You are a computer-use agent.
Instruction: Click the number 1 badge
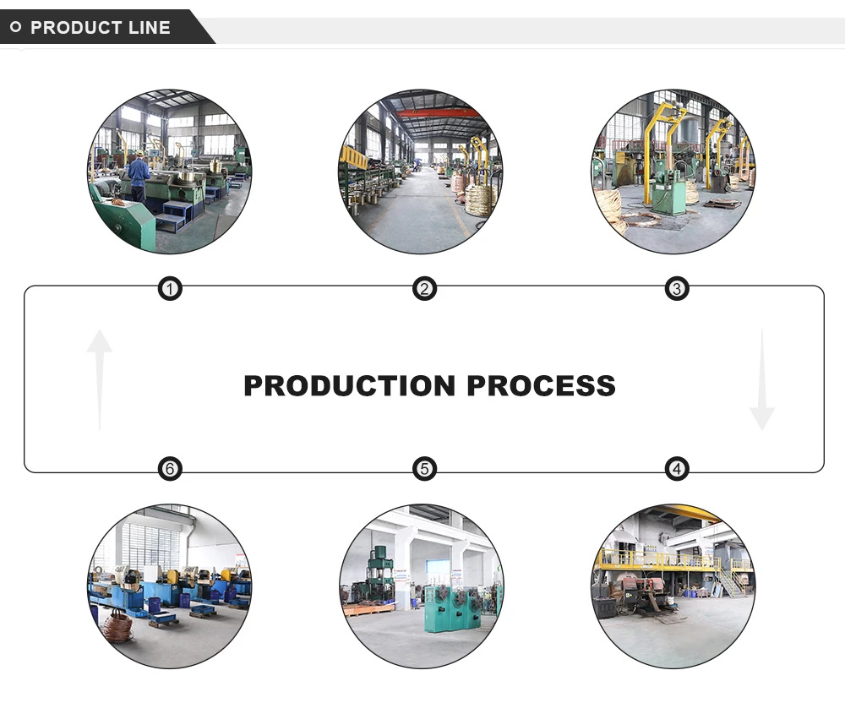[171, 290]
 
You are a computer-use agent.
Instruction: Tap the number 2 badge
[424, 290]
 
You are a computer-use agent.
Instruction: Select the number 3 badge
[676, 290]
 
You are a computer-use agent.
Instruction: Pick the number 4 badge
[676, 469]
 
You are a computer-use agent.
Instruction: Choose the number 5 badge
[424, 469]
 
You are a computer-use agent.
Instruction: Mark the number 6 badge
[171, 469]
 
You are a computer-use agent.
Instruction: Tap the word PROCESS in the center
[541, 385]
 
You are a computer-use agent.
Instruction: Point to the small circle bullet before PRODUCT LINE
[15, 27]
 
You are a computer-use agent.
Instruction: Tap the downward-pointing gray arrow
[761, 380]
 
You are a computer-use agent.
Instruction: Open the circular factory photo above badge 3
[673, 172]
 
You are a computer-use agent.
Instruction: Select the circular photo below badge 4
[673, 586]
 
